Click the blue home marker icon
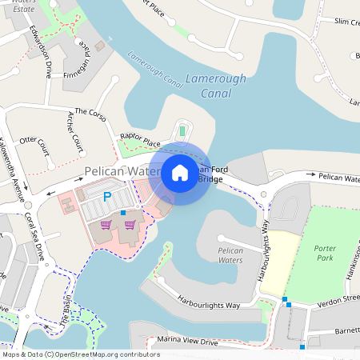180,173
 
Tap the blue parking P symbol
107,196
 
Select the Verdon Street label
338,298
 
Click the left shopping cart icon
106,225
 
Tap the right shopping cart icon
129,225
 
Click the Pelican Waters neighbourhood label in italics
230,255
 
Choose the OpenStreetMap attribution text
81,354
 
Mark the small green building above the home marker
182,130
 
